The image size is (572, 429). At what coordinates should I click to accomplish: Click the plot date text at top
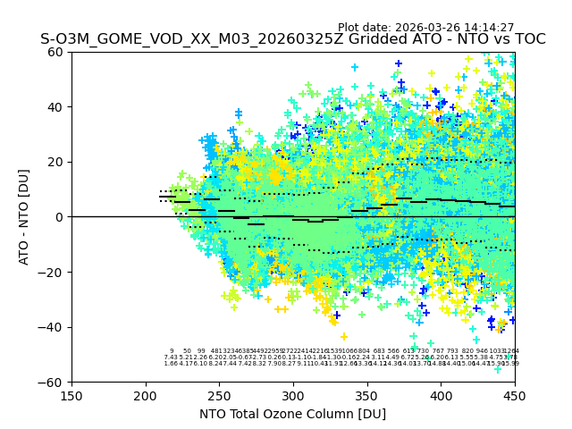(425, 28)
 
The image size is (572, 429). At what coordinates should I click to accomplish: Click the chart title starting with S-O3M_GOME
(292, 40)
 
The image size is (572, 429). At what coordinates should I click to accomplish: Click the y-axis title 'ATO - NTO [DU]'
(24, 216)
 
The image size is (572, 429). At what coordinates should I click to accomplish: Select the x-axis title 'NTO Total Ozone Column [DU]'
(292, 414)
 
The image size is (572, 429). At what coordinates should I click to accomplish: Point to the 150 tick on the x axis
(71, 394)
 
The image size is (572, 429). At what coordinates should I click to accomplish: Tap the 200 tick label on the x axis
(146, 394)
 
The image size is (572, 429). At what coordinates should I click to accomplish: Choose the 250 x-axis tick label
(219, 394)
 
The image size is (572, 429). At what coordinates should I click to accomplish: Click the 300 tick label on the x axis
(293, 394)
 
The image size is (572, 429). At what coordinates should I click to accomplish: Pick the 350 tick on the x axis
(366, 394)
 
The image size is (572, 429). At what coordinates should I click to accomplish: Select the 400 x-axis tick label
(441, 394)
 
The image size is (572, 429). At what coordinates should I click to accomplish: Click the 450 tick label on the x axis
(514, 394)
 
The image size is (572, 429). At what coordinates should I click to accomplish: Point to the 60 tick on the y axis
(56, 52)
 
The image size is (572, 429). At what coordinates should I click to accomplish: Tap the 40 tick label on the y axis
(56, 107)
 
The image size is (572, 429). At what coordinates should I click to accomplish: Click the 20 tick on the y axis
(56, 162)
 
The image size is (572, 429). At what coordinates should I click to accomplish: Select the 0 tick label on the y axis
(60, 217)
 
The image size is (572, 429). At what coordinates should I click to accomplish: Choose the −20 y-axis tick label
(53, 272)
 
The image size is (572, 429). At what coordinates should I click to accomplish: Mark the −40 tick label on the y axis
(53, 327)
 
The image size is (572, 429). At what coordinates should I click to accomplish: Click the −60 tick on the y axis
(53, 382)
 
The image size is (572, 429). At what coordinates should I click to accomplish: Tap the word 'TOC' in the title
(528, 40)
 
